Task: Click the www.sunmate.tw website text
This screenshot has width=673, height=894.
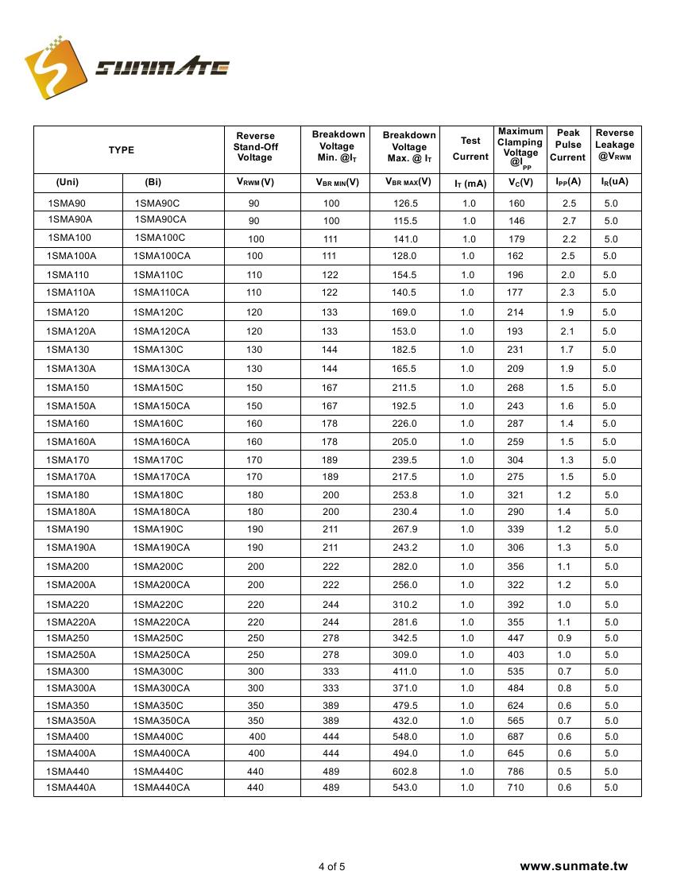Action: pyautogui.click(x=574, y=866)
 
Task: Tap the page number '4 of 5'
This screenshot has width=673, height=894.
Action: pyautogui.click(x=332, y=867)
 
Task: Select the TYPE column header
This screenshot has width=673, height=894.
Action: pyautogui.click(x=122, y=150)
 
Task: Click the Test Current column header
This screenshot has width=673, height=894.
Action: pyautogui.click(x=470, y=149)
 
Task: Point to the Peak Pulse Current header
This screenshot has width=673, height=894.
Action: pyautogui.click(x=568, y=145)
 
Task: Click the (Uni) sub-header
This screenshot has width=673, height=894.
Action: pyautogui.click(x=68, y=181)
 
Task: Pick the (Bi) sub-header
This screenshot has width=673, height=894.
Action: pyautogui.click(x=153, y=181)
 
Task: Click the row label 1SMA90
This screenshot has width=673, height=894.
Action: pyautogui.click(x=67, y=203)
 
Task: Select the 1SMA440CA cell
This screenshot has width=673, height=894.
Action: pyautogui.click(x=161, y=788)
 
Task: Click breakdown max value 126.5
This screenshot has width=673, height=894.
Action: pyautogui.click(x=405, y=203)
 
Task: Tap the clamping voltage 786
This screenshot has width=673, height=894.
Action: pyautogui.click(x=516, y=772)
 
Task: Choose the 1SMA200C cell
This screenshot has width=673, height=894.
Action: pyautogui.click(x=158, y=567)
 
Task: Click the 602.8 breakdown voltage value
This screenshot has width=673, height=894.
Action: pyautogui.click(x=404, y=772)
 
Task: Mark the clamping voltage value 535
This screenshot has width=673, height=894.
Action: pyautogui.click(x=516, y=671)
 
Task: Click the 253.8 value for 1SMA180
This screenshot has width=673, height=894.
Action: pyautogui.click(x=404, y=495)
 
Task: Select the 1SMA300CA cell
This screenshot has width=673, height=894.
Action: pyautogui.click(x=161, y=688)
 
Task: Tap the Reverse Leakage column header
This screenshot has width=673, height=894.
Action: pyautogui.click(x=615, y=145)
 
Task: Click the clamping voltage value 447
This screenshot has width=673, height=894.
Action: pyautogui.click(x=516, y=638)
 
